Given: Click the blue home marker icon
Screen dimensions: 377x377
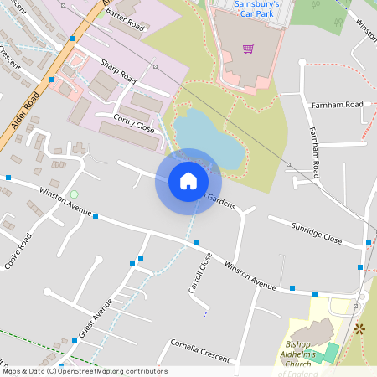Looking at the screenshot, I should click(x=188, y=181).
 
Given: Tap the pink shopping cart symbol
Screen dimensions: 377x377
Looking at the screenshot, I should click(x=248, y=48).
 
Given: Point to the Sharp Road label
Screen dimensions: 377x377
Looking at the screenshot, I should click(x=118, y=71).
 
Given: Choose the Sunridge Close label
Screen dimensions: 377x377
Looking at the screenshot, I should click(x=317, y=233).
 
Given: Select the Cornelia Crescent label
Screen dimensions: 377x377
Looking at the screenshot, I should click(x=199, y=350).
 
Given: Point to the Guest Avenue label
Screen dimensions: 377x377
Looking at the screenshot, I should click(x=95, y=318).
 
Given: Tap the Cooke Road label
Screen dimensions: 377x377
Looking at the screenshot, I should click(x=18, y=251).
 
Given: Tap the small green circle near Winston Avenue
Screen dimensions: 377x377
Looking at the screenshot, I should click(x=74, y=195).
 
